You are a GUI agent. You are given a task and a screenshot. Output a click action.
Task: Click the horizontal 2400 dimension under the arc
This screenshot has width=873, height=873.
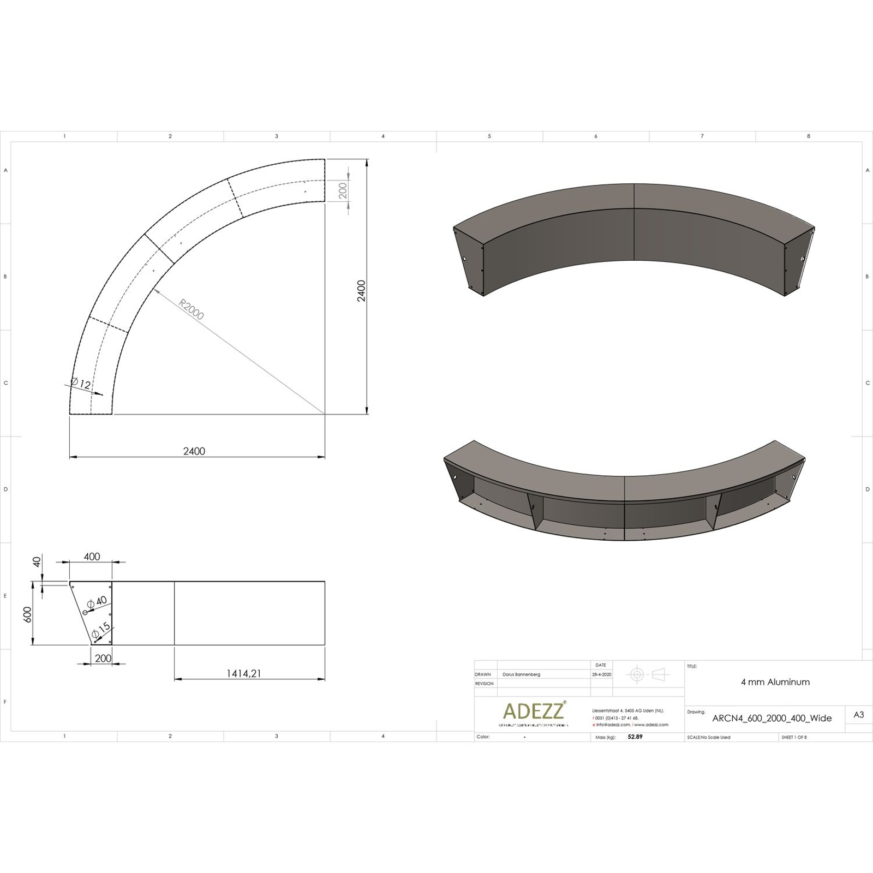(194, 451)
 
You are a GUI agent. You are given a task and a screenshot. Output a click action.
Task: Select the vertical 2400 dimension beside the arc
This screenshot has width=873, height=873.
(361, 291)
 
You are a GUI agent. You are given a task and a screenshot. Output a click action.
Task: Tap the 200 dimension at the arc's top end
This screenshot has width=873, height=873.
(343, 190)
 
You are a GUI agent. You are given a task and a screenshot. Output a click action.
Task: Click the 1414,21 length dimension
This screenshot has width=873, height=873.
(244, 673)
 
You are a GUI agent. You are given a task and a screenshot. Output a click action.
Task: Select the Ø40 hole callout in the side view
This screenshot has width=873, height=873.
(98, 603)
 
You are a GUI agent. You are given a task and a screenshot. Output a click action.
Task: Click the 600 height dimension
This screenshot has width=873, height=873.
(28, 614)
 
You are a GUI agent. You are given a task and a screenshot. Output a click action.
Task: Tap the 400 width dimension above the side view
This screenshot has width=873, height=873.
(92, 557)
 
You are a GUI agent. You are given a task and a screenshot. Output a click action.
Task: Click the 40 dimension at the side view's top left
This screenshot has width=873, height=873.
(37, 562)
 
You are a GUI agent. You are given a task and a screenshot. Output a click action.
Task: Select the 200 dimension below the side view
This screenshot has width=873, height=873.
(103, 658)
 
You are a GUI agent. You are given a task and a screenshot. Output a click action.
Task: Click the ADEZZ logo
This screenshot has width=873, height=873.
(534, 711)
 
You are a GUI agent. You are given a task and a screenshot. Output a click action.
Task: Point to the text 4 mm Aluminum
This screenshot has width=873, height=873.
(775, 682)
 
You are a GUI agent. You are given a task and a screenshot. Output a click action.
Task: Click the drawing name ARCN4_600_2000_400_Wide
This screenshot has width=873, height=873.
(772, 718)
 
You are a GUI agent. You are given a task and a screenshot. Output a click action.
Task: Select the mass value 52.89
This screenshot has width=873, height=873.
(635, 737)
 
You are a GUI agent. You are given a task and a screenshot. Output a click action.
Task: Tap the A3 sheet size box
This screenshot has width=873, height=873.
(858, 715)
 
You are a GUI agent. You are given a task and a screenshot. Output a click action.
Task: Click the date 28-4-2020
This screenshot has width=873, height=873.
(601, 674)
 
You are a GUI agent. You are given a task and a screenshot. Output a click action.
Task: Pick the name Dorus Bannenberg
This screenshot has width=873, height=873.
(521, 674)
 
